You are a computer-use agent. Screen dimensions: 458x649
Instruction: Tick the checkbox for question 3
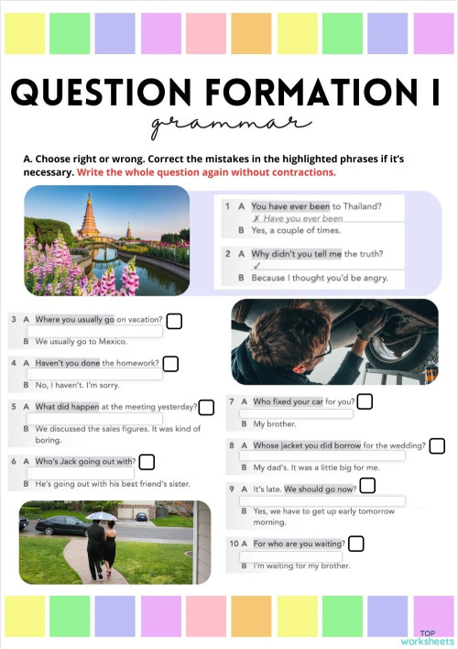[174, 321]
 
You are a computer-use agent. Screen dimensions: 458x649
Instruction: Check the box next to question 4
[174, 365]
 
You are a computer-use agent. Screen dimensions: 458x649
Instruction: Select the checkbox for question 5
[206, 407]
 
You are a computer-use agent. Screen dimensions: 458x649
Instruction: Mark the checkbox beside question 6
[147, 462]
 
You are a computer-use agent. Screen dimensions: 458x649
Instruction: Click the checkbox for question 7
[365, 401]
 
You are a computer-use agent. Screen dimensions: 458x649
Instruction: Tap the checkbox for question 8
[437, 446]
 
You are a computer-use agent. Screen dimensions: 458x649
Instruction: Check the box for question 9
[367, 486]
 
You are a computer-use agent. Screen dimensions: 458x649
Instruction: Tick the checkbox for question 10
[355, 544]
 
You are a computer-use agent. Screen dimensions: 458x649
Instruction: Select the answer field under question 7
[302, 413]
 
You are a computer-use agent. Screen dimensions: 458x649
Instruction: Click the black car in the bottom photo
[57, 525]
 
